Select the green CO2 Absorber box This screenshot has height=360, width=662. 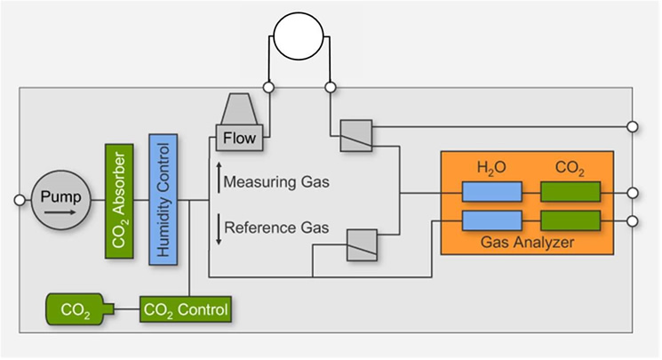[x=119, y=200]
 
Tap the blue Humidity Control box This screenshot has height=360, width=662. [x=164, y=200]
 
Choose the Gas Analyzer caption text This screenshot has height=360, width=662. [x=527, y=242]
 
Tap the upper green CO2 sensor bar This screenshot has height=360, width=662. [x=570, y=192]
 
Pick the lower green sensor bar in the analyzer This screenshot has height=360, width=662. [x=570, y=220]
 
